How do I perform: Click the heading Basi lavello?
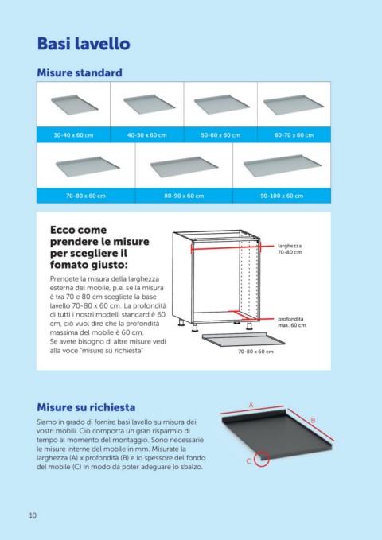[84, 44]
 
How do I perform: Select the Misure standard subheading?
[80, 72]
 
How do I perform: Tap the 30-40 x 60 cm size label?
[73, 135]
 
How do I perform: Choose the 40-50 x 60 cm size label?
[147, 135]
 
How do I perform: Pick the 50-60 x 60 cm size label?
[220, 135]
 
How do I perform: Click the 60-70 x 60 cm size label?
[294, 135]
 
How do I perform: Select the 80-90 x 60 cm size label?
[184, 196]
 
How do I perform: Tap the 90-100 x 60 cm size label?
[282, 196]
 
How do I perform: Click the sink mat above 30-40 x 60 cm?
[75, 104]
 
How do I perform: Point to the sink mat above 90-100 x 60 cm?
[283, 165]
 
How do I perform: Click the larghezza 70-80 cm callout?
[290, 249]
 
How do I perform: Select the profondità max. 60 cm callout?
[291, 322]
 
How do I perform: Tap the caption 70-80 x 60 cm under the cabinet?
[255, 352]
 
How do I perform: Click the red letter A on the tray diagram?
[251, 405]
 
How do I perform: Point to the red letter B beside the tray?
[313, 420]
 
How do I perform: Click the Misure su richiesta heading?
[86, 407]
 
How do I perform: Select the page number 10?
[33, 515]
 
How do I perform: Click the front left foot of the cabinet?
[195, 327]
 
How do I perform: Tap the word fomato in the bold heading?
[68, 265]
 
